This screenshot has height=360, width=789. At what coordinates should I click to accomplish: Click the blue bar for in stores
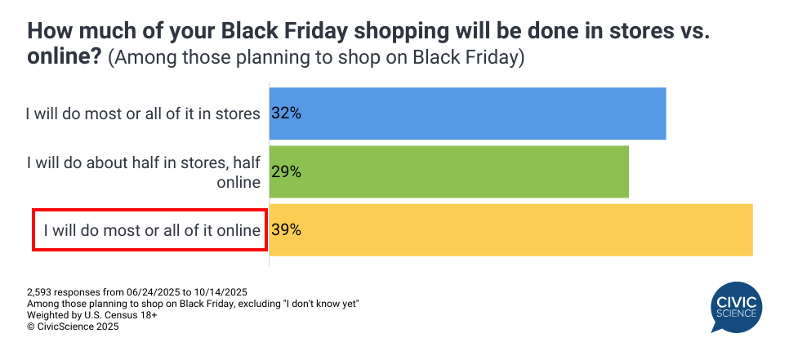(x=467, y=113)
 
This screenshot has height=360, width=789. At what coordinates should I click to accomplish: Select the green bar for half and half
(x=449, y=172)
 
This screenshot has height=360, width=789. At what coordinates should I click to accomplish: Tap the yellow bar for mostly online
(x=510, y=229)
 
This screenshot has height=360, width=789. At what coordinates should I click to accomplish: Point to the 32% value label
(x=287, y=113)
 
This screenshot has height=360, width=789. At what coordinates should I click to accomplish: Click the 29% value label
(x=287, y=172)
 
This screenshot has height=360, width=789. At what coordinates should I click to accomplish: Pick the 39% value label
(x=287, y=229)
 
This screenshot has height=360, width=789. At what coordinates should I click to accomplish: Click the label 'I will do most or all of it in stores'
(x=144, y=114)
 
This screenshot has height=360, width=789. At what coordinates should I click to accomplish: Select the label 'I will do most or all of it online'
(x=152, y=230)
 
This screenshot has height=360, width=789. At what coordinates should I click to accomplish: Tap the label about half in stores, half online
(x=144, y=172)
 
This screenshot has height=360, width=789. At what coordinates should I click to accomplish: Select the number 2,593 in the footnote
(x=40, y=292)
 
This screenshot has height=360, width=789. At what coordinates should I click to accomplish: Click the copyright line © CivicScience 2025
(x=73, y=327)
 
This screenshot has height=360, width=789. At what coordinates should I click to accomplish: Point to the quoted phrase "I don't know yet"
(x=320, y=304)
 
